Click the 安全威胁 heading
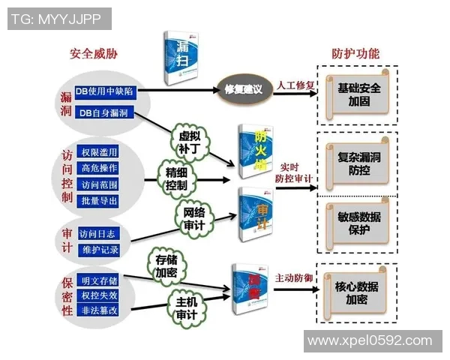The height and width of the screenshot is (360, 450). click(94, 53)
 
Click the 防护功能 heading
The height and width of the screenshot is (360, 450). click(355, 53)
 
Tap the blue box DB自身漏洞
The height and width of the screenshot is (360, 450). click(103, 112)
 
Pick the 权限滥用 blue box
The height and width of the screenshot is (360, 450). click(99, 151)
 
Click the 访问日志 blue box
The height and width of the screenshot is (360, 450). click(98, 232)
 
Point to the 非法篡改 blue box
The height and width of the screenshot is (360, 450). click(99, 307)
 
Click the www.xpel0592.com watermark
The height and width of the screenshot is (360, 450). click(372, 340)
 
